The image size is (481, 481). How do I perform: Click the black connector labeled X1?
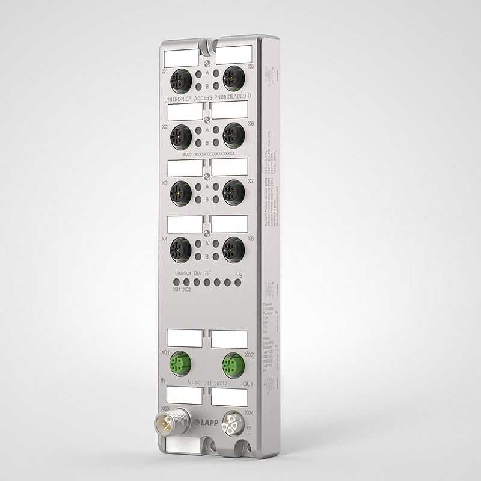click(180, 79)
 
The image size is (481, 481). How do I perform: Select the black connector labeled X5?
click(232, 78)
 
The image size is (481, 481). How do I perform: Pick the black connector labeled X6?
click(233, 135)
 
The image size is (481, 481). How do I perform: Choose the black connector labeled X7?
click(233, 191)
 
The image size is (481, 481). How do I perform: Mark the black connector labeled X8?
click(233, 248)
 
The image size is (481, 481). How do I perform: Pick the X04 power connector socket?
click(232, 421)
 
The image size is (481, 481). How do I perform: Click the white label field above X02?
click(229, 339)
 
